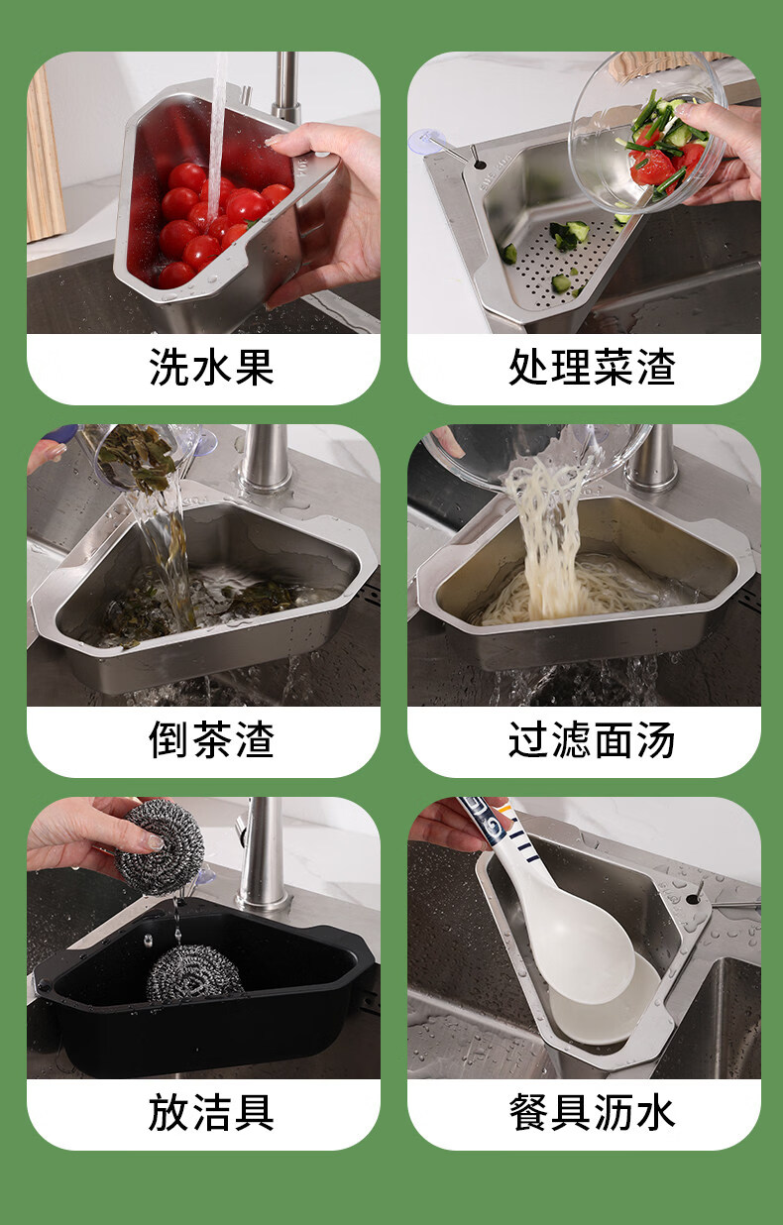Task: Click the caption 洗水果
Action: point(211,367)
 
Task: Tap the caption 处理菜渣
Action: point(592,367)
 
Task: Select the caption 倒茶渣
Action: point(211,739)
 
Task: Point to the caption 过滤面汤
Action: point(592,739)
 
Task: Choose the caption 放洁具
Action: point(211,1112)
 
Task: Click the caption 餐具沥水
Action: point(592,1112)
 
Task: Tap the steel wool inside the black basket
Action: point(194,972)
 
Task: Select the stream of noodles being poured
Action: point(549,539)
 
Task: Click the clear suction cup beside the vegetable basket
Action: point(424,141)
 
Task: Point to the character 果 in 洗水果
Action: point(255,367)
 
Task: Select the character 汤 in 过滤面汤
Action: point(656,739)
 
